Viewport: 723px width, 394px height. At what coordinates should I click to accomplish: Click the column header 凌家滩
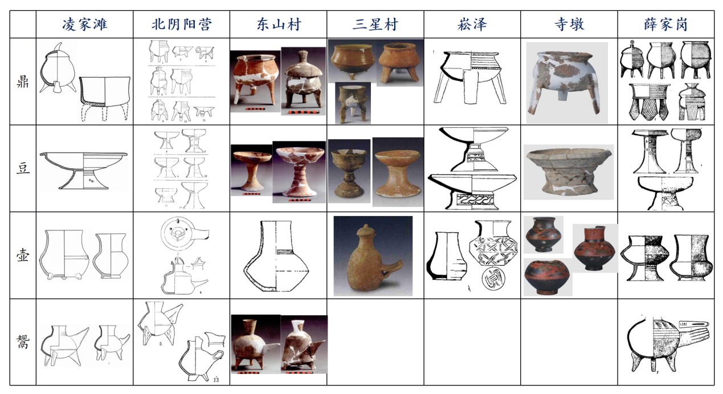click(x=84, y=25)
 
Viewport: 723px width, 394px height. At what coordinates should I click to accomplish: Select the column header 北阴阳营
click(x=181, y=25)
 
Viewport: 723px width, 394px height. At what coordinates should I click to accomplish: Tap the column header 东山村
click(x=278, y=25)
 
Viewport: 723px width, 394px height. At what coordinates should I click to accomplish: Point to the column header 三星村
click(x=375, y=25)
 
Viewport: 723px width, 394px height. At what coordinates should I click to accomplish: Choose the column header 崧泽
click(x=472, y=25)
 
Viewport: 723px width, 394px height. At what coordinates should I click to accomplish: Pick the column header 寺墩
click(x=569, y=25)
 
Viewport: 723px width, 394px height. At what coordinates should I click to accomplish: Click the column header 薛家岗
click(x=666, y=25)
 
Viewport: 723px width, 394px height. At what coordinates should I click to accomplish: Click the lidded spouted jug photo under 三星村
click(x=373, y=256)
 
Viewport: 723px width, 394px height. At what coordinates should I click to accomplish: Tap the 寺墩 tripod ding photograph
click(x=566, y=82)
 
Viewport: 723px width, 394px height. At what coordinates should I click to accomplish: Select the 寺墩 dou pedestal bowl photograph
click(x=568, y=172)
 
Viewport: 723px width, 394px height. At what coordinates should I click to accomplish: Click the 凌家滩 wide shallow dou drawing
click(x=83, y=168)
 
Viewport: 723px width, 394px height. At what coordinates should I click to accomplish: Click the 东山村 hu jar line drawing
click(x=277, y=255)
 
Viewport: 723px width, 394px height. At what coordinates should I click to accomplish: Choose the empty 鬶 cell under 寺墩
click(x=569, y=342)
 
